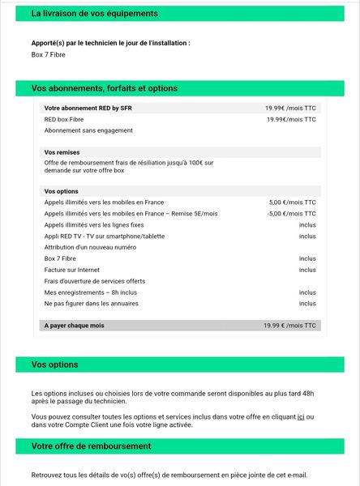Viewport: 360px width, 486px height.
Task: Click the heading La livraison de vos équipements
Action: click(95, 14)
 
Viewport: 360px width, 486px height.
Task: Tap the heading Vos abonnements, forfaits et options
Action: click(105, 88)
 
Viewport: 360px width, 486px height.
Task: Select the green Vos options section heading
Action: click(55, 364)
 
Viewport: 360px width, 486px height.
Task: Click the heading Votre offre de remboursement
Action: click(92, 446)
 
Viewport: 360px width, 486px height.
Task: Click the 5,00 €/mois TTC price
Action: click(292, 202)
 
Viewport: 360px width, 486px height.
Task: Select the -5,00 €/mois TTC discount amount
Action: click(291, 214)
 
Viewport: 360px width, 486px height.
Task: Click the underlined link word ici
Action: click(301, 416)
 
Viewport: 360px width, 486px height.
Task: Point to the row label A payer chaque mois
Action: click(74, 326)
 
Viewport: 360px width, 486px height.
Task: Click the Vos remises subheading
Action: click(62, 152)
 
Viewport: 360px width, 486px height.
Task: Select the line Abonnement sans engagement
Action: click(88, 130)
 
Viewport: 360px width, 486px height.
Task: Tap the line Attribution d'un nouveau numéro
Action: click(90, 247)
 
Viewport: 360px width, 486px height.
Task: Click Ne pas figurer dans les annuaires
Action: click(92, 304)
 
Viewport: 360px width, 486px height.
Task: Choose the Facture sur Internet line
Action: click(72, 270)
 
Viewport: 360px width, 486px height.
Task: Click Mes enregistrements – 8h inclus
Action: click(91, 292)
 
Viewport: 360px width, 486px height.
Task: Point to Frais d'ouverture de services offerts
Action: click(95, 281)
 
